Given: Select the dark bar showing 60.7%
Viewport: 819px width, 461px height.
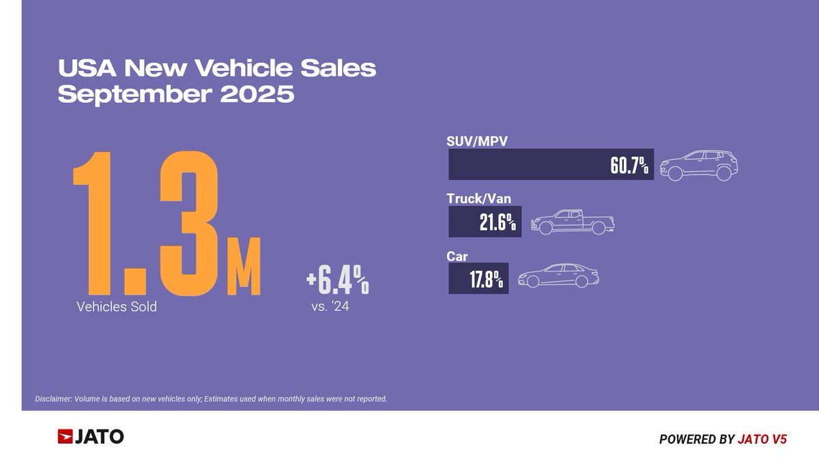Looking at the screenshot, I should [x=551, y=164].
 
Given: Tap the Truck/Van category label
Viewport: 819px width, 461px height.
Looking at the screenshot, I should [x=478, y=198].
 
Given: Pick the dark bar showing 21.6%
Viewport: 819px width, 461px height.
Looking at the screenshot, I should [x=485, y=222].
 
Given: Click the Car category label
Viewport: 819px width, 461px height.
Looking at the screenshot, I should [x=457, y=256].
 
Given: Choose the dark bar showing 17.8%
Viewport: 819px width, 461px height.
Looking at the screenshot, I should [x=478, y=280].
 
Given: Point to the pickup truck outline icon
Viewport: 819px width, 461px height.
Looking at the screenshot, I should [x=572, y=222].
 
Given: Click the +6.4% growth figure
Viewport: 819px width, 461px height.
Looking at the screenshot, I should [x=337, y=280].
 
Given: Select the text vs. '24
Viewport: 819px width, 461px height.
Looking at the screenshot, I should [x=331, y=306].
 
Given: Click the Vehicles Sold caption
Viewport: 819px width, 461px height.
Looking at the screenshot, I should [x=117, y=307].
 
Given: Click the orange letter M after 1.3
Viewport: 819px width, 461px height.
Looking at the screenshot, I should [x=244, y=271].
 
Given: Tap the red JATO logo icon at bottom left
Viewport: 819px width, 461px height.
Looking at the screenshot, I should [x=66, y=436].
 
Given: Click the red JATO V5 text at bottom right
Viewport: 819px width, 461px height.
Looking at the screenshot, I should [x=762, y=440].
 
